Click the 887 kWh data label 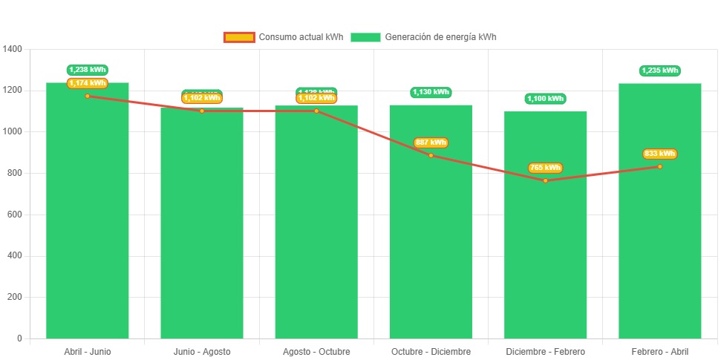tap(431, 143)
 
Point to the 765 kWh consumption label tap(545, 168)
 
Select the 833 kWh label tap(659, 154)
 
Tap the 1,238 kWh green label tap(88, 70)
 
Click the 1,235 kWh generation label tap(659, 71)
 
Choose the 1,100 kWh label tap(545, 98)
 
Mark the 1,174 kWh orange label tap(88, 83)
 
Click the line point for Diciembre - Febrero tap(545, 180)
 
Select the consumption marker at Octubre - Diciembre tap(431, 155)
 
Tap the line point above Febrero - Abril tap(659, 166)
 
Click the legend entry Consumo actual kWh tap(284, 37)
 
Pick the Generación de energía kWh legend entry tap(424, 37)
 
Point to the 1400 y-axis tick tap(13, 49)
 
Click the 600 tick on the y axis tap(15, 215)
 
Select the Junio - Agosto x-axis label tap(202, 351)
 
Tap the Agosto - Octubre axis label tap(316, 351)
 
